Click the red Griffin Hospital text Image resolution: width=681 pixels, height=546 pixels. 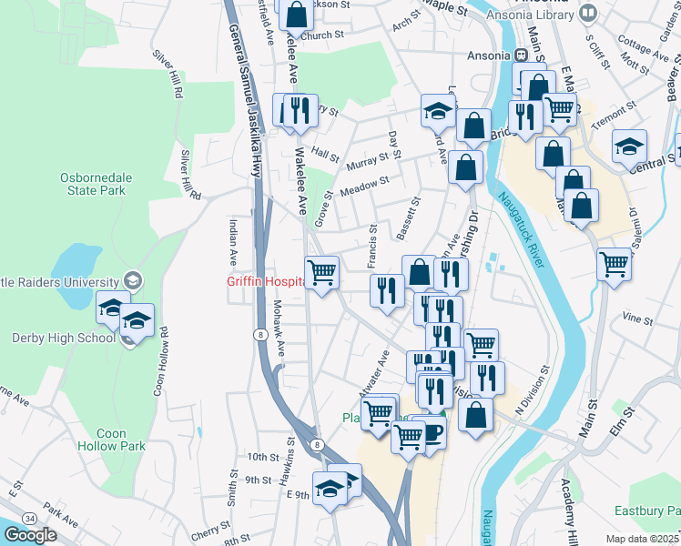coord(264,282)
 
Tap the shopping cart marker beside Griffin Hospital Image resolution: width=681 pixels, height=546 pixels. coord(321,272)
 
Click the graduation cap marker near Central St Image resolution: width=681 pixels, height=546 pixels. coord(629,146)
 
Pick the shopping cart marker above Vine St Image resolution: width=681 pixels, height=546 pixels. coord(615,264)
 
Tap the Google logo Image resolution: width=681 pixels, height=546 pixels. coord(30,535)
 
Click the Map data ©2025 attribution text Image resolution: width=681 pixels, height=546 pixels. coord(642,539)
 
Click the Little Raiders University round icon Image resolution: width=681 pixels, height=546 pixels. coord(133,281)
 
